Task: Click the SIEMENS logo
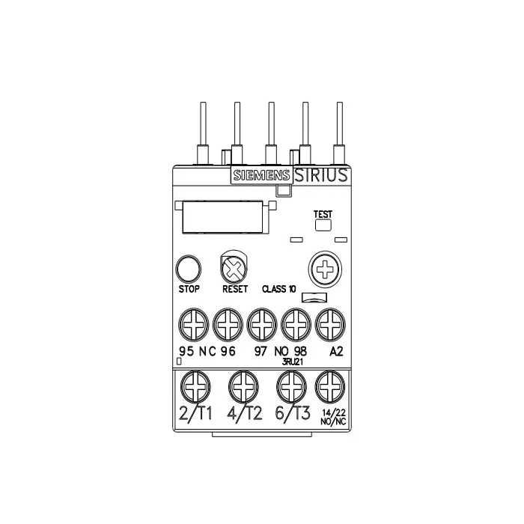coord(261,176)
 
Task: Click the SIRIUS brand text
coord(320,175)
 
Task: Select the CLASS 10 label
coord(278,289)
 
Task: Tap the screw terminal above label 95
coord(191,326)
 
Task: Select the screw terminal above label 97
coord(261,326)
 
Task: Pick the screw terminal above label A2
coord(330,326)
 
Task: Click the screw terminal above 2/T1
coord(195,386)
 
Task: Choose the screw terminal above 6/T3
coord(291,386)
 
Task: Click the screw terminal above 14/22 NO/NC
coord(330,386)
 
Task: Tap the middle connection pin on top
coord(271,131)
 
